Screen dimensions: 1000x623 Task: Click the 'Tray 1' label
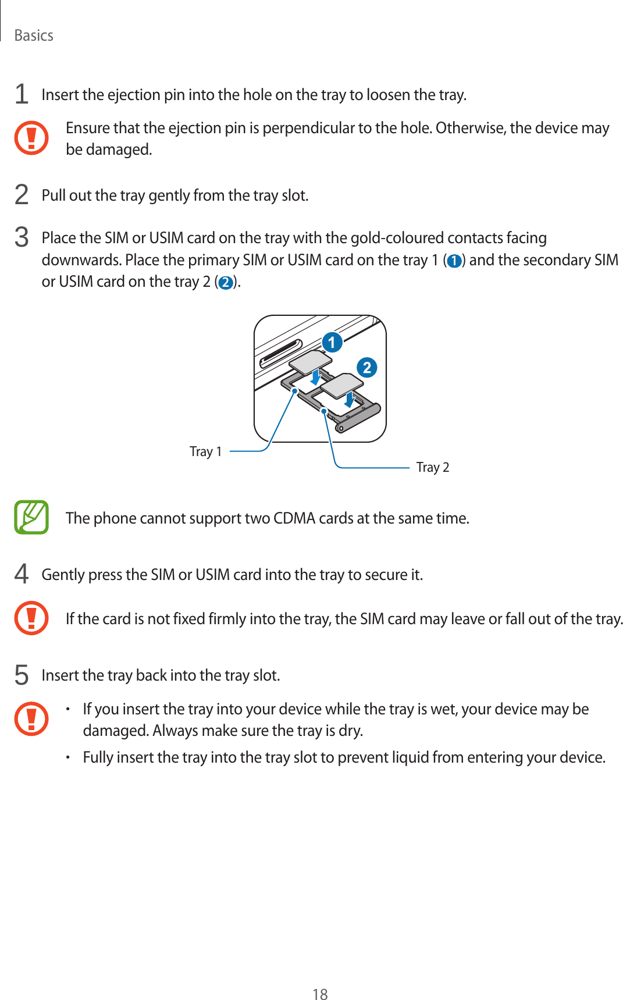tap(205, 451)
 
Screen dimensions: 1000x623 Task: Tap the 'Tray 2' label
tap(433, 467)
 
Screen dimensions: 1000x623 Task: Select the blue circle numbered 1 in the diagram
tap(332, 342)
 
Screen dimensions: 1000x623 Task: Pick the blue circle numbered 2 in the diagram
tap(366, 368)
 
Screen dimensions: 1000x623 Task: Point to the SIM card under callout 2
tap(341, 385)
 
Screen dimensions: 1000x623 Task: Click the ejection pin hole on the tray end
tap(341, 429)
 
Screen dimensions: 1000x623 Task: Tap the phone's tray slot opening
tap(281, 354)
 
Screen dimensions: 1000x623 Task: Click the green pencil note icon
tap(31, 517)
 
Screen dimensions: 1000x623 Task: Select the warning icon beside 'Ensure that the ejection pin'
tap(31, 138)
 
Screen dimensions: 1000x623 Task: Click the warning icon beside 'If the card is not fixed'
tap(31, 618)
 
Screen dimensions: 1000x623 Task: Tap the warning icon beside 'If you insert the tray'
tap(31, 719)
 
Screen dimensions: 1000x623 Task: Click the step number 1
tap(22, 94)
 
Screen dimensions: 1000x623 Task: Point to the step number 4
tap(22, 574)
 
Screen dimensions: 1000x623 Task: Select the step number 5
tap(22, 675)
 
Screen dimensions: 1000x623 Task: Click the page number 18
tap(320, 994)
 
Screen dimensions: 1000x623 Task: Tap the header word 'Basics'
tap(34, 35)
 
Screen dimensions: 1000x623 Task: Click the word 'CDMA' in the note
tap(294, 518)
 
